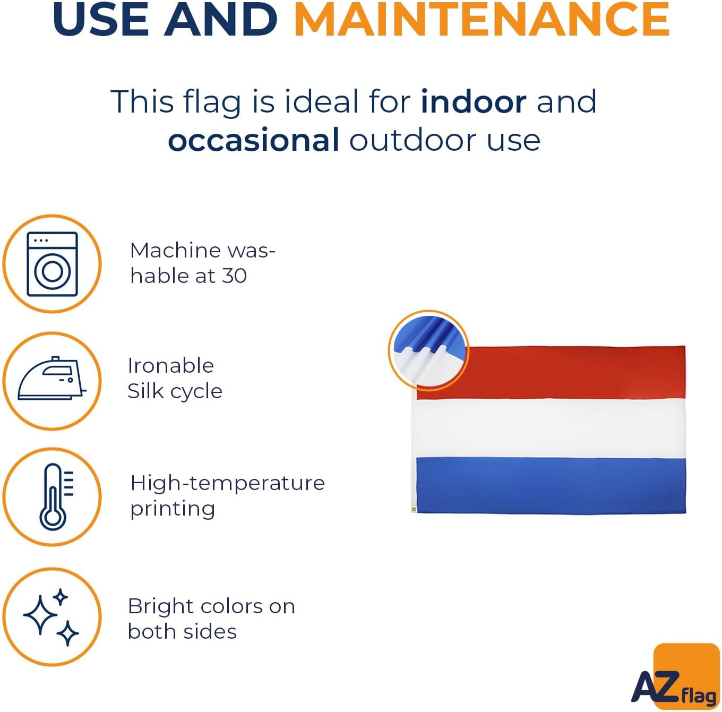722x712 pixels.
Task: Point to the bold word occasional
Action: [x=254, y=140]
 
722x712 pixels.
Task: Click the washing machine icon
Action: [x=52, y=264]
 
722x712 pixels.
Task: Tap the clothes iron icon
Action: [x=52, y=379]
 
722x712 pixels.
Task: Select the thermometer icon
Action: [x=56, y=497]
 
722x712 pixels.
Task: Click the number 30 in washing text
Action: [x=234, y=276]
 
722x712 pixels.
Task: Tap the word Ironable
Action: [x=171, y=365]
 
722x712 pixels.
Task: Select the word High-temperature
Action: [x=227, y=483]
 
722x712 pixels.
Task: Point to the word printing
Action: [x=173, y=509]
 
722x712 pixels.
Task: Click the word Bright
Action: [x=162, y=606]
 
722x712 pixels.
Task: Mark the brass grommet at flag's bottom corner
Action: [x=414, y=510]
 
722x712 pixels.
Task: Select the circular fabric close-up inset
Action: [x=428, y=351]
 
